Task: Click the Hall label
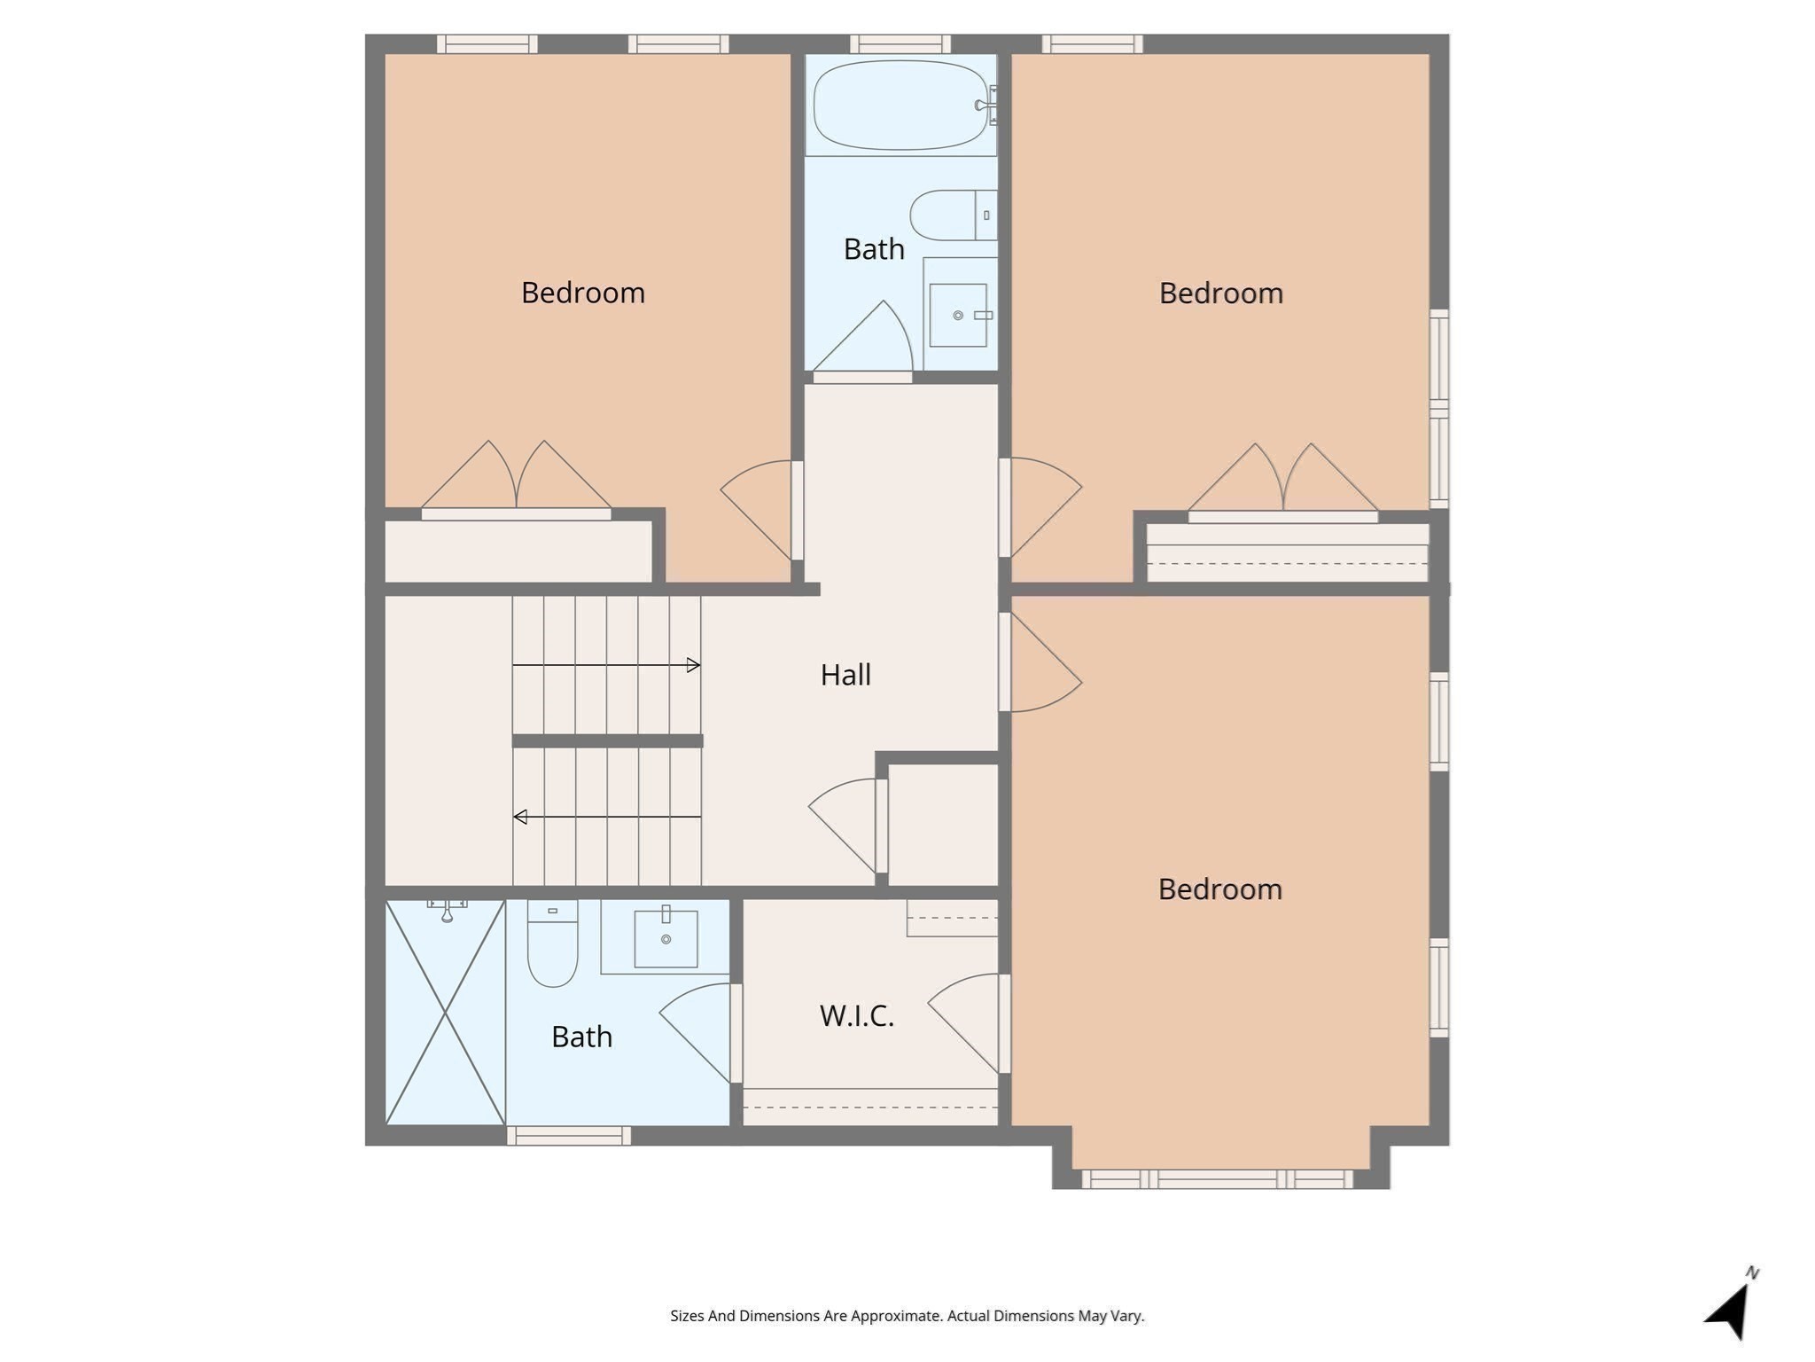[x=845, y=675]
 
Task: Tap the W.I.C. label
[x=856, y=1015]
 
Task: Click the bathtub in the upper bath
[x=900, y=106]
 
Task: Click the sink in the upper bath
[x=958, y=315]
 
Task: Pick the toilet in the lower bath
[x=552, y=944]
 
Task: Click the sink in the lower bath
[x=666, y=938]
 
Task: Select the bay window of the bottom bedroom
[x=1218, y=1179]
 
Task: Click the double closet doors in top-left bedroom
[x=516, y=479]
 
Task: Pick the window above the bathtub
[x=900, y=43]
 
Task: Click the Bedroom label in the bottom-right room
[x=1219, y=889]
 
